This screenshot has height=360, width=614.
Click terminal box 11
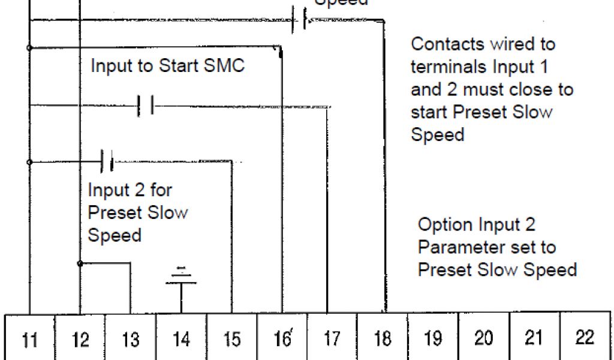[x=29, y=338]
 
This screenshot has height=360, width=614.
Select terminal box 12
[x=80, y=338]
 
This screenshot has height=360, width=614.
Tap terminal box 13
[x=130, y=338]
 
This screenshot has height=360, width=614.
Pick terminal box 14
[x=181, y=338]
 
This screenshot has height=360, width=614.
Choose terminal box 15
[x=231, y=338]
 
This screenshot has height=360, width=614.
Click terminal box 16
[x=282, y=338]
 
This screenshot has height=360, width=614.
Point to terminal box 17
[x=332, y=338]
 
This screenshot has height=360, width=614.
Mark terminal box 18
[x=383, y=338]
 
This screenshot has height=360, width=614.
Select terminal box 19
[x=433, y=338]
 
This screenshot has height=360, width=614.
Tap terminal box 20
[x=483, y=338]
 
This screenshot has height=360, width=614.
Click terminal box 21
[x=534, y=338]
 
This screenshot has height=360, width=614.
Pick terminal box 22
[x=585, y=338]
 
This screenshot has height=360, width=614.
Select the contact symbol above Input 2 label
[x=107, y=161]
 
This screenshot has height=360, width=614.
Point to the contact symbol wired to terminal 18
[x=300, y=20]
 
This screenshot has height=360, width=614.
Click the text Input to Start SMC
[x=167, y=65]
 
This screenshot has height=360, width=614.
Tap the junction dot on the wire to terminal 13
[x=80, y=263]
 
